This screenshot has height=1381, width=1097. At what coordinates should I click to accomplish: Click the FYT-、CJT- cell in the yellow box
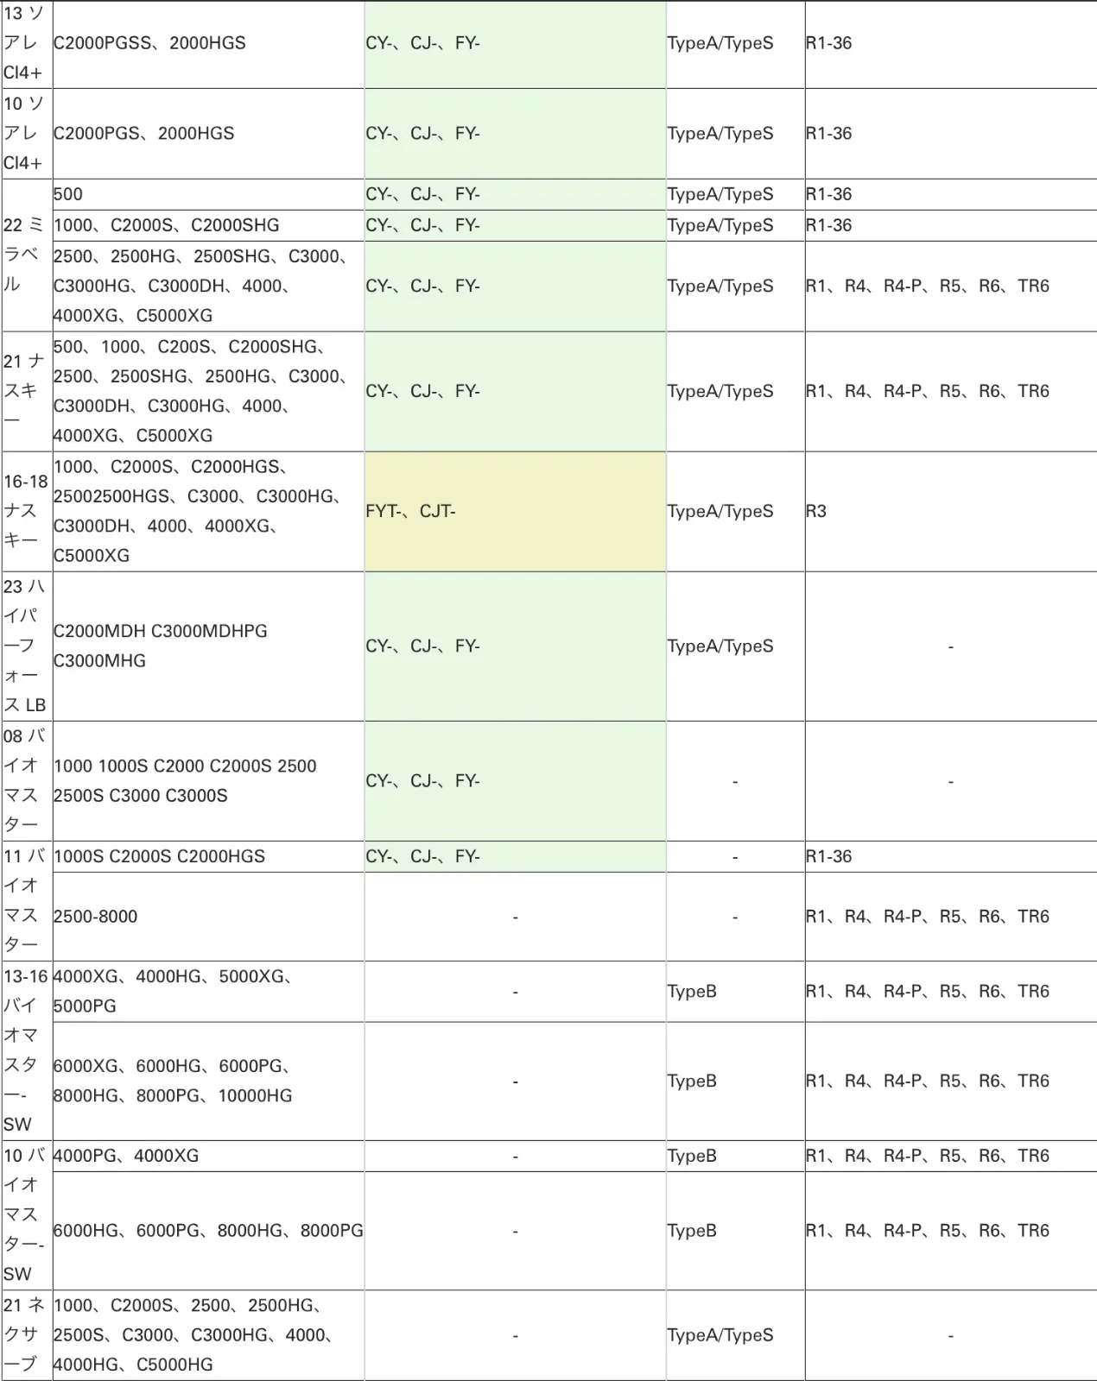click(410, 511)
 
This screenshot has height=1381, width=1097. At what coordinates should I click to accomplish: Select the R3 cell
click(816, 511)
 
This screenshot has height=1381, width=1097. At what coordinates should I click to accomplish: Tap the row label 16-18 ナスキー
click(26, 511)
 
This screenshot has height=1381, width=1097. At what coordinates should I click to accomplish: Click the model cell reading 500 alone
click(68, 194)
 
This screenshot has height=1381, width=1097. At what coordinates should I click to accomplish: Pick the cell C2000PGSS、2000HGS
click(149, 43)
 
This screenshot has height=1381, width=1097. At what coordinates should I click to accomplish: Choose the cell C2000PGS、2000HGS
click(143, 134)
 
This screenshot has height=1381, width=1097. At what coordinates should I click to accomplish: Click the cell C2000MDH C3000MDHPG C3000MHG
click(161, 646)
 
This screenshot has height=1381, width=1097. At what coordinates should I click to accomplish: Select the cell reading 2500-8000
click(95, 917)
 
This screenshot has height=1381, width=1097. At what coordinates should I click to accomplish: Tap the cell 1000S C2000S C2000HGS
click(159, 856)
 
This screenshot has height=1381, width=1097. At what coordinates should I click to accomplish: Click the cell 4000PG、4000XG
click(126, 1156)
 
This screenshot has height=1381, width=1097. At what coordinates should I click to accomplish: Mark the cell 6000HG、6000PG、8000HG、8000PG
click(208, 1231)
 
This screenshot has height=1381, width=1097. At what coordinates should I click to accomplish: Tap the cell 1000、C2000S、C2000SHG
click(167, 225)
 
